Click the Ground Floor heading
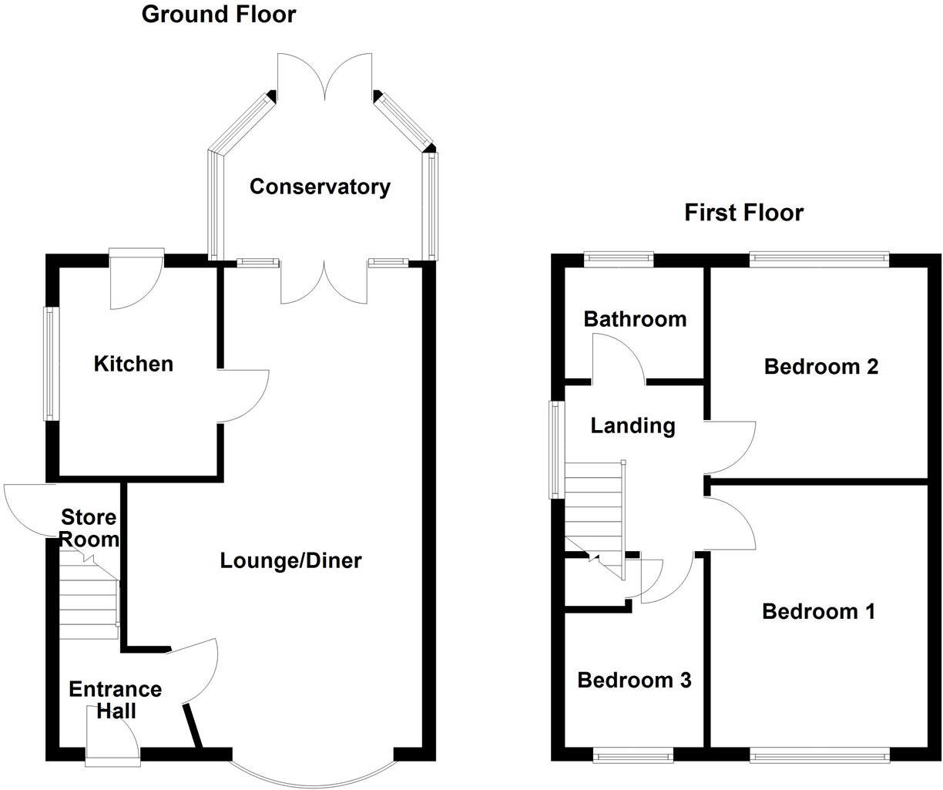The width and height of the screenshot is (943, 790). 218,14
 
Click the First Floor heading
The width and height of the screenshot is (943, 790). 743,212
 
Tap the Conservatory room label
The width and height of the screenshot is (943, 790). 320,187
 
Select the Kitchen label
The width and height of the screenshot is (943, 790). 133,363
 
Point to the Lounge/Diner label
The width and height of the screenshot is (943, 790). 290,560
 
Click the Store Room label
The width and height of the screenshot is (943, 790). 89,528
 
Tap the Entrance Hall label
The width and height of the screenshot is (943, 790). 115,699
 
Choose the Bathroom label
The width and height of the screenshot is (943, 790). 635,318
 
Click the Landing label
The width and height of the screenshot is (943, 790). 633,425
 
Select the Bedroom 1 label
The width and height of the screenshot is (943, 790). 818,611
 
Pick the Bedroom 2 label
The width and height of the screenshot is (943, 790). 821,366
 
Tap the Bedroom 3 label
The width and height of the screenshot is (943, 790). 634,680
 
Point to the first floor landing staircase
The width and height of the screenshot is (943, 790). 593,513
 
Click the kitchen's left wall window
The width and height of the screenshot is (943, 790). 51,364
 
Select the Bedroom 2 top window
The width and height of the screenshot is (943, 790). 820,259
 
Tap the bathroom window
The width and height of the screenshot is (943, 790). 619,259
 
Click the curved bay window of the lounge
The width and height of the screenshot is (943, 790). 313,775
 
